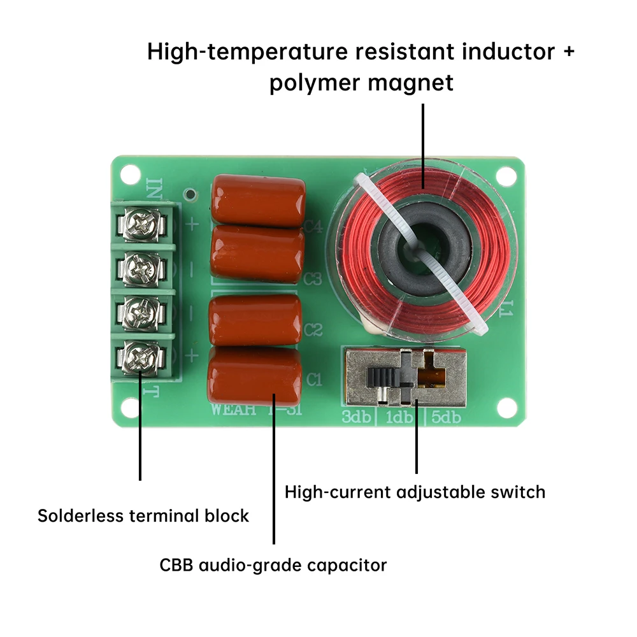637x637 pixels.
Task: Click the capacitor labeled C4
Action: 258,201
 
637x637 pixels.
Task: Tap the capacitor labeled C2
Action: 255,320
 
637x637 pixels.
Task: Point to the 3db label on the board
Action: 355,418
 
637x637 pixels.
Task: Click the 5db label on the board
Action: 447,418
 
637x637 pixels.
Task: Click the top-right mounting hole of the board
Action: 506,173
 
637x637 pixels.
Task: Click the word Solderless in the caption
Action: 81,515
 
